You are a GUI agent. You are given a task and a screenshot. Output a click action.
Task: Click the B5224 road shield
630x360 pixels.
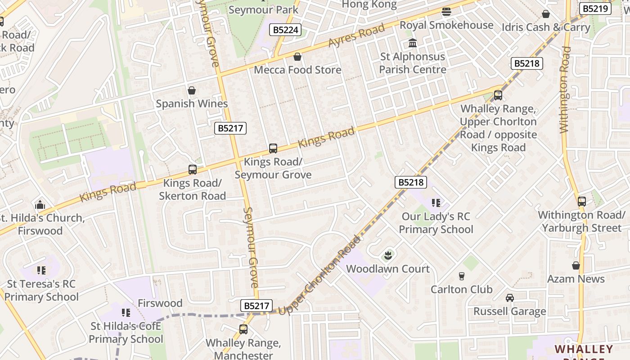coord(285,30)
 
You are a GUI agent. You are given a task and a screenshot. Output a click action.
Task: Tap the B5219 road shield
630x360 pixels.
coord(595,9)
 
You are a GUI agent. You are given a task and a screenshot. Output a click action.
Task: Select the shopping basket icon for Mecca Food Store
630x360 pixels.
coord(297,57)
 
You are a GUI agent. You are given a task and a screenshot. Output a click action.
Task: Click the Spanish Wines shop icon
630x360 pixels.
coord(192,90)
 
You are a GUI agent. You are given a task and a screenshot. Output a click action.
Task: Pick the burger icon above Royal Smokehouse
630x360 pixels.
coord(446,11)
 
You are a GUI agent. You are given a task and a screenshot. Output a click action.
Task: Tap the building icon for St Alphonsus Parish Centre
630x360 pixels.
coord(413,43)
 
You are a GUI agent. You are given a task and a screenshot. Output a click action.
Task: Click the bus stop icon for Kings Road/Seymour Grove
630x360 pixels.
coord(273,148)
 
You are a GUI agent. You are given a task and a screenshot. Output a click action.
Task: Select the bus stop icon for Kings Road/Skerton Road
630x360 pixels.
coord(193,170)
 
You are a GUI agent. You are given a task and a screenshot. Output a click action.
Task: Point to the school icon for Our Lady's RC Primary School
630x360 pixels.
coord(436,203)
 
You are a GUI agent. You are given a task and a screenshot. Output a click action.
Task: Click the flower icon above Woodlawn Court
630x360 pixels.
coord(388,256)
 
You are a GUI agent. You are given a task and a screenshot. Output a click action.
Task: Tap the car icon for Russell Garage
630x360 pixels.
coord(509,298)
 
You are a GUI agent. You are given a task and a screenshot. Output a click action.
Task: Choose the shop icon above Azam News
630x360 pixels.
coord(576,265)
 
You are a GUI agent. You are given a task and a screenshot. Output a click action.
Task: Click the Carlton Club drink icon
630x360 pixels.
coord(461,276)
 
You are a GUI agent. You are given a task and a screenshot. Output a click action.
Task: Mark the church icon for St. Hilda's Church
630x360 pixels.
coord(40,205)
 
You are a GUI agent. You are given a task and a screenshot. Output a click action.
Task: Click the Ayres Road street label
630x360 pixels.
coord(356,35)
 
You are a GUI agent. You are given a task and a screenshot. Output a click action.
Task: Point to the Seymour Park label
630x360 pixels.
coord(263,9)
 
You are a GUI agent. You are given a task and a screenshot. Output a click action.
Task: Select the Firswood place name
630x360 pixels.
coord(160,303)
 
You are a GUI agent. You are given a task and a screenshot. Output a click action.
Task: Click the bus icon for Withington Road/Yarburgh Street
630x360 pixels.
coord(582,202)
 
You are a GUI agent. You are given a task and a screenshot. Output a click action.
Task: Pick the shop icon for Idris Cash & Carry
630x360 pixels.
coord(546,14)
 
